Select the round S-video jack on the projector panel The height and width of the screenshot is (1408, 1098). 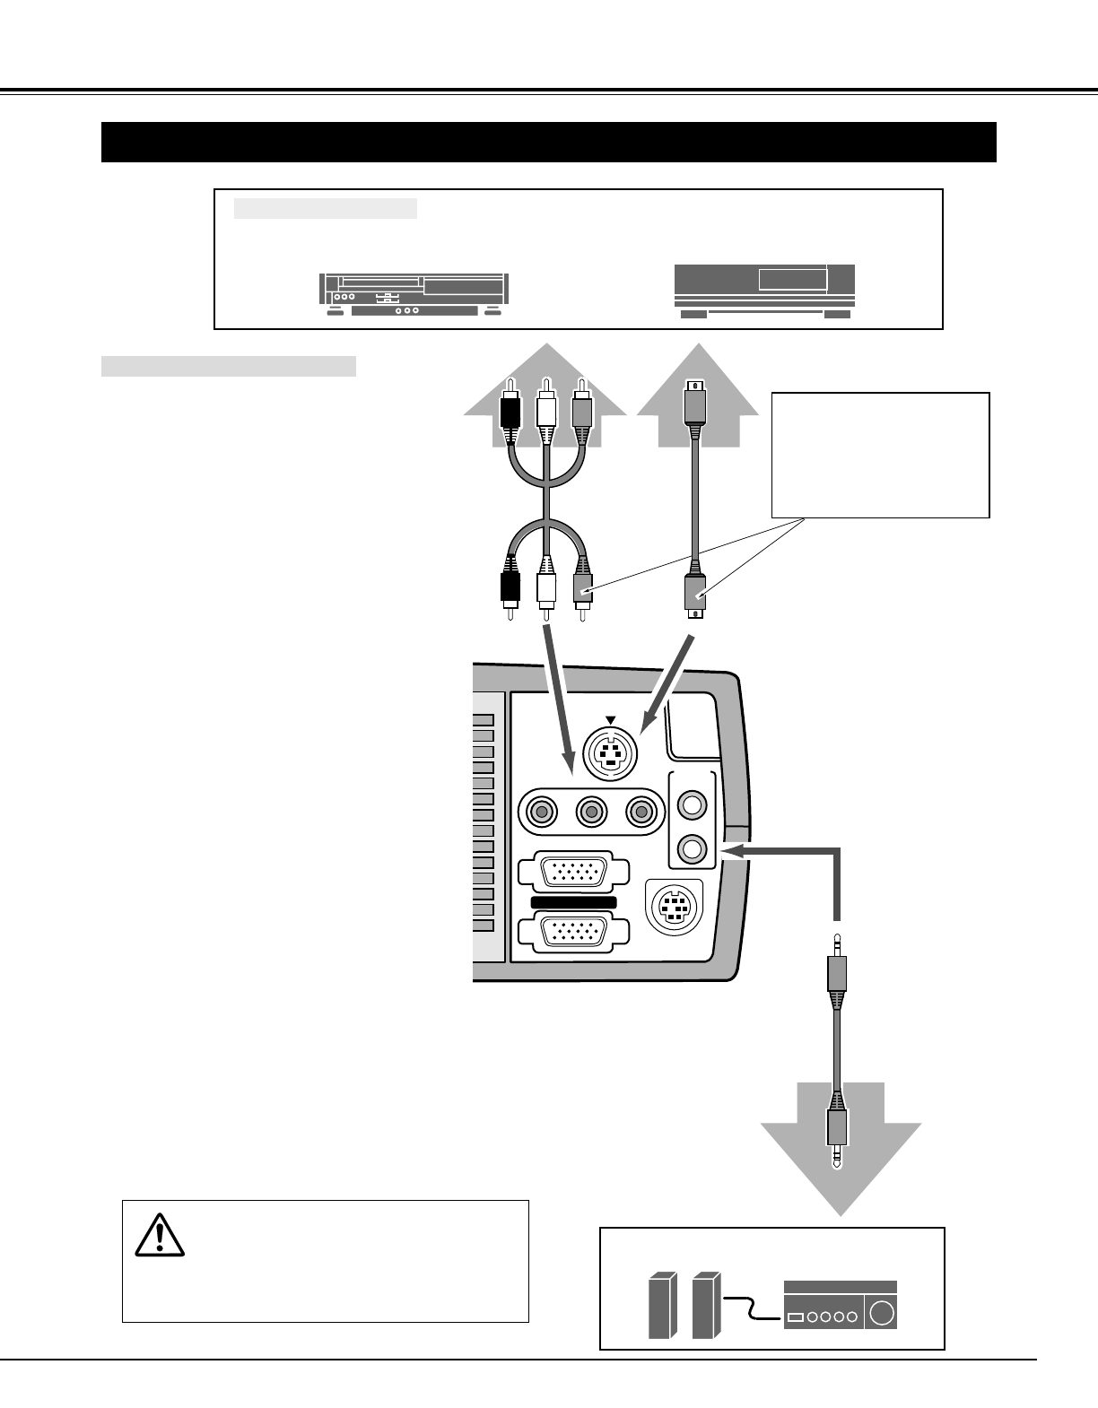point(610,753)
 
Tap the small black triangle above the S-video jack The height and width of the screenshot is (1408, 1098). point(610,719)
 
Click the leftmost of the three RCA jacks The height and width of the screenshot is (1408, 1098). point(540,813)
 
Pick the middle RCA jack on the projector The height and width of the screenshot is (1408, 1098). point(590,813)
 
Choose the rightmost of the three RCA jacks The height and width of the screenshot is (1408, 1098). point(640,813)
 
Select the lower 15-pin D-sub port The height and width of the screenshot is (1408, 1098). point(573,932)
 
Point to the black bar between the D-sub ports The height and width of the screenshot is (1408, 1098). point(573,901)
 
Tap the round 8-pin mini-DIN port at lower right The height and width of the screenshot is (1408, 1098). point(674,907)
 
